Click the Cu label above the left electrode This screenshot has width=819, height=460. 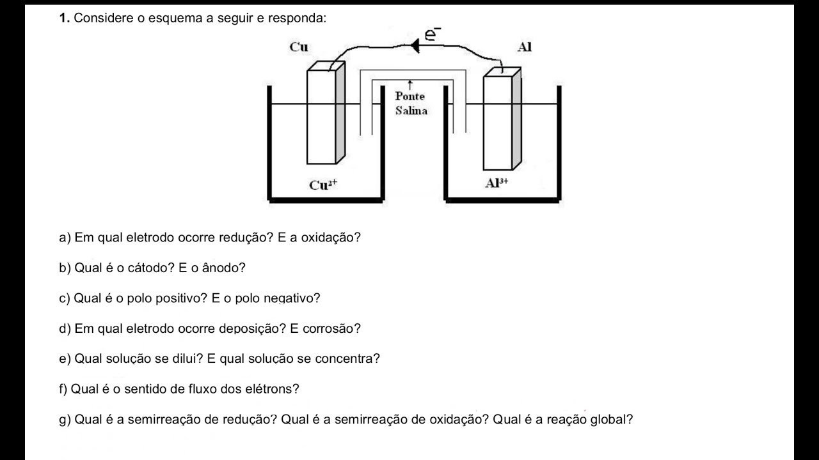click(298, 47)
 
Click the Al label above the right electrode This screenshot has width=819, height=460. click(525, 47)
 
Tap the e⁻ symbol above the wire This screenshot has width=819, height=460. click(433, 34)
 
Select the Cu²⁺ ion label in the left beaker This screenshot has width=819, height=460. click(323, 185)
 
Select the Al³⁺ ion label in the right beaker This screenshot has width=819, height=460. click(497, 183)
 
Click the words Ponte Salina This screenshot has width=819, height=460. click(410, 103)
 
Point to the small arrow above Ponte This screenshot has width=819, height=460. click(409, 84)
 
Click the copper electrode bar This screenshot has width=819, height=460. click(321, 115)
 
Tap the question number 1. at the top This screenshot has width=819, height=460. click(64, 18)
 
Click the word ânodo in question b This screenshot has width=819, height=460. click(223, 268)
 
